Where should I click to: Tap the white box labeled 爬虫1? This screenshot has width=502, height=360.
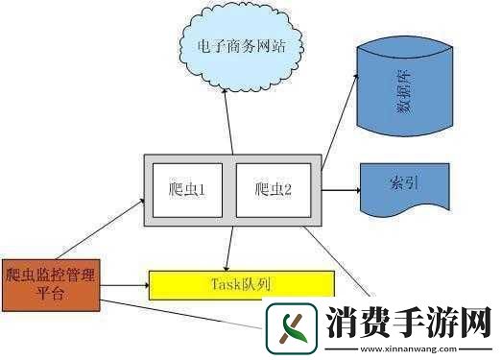pyautogui.click(x=185, y=190)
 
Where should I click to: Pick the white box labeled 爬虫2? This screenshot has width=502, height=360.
pyautogui.click(x=274, y=190)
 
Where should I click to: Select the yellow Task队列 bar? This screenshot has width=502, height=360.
pyautogui.click(x=241, y=284)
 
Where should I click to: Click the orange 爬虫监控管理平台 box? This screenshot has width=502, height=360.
pyautogui.click(x=50, y=284)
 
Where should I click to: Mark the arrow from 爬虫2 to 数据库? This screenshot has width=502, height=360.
pyautogui.click(x=340, y=134)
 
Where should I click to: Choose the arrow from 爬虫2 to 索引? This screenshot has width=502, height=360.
pyautogui.click(x=340, y=189)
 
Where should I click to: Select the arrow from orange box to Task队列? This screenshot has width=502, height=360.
pyautogui.click(x=124, y=284)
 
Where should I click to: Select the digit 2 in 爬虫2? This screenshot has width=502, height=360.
pyautogui.click(x=286, y=190)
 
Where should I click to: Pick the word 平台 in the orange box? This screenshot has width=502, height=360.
pyautogui.click(x=50, y=294)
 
